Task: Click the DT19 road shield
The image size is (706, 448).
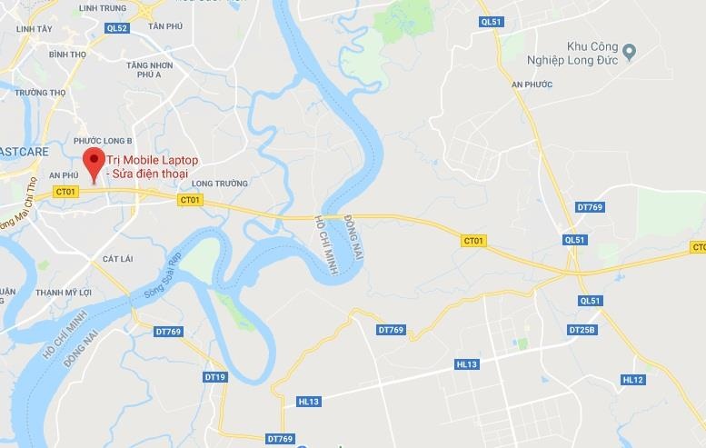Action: click(214, 376)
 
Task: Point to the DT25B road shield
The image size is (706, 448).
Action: click(582, 329)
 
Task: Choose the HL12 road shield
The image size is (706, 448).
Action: click(633, 380)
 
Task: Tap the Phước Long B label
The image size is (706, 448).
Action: click(103, 141)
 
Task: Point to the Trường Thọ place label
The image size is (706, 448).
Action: click(41, 92)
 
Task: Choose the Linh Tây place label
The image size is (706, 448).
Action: click(34, 29)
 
